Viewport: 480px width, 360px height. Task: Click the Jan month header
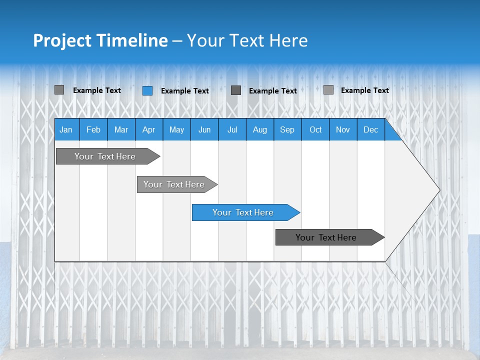click(66, 129)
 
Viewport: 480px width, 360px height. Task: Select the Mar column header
click(121, 129)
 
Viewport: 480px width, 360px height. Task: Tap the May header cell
click(176, 129)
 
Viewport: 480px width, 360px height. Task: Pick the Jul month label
click(232, 129)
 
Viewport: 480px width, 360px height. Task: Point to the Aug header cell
click(259, 129)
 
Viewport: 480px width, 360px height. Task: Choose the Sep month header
click(287, 129)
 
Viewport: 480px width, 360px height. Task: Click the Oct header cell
click(315, 129)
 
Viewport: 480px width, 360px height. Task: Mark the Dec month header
click(370, 129)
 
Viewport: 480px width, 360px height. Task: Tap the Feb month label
click(93, 129)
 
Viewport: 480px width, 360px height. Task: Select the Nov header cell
click(343, 129)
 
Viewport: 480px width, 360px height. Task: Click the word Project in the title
click(62, 40)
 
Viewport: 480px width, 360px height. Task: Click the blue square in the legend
click(147, 90)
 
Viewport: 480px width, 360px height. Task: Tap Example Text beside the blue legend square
click(185, 91)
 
